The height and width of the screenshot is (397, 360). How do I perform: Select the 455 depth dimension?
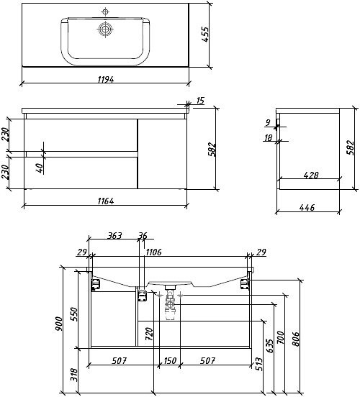205,35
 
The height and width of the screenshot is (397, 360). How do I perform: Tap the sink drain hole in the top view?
107,29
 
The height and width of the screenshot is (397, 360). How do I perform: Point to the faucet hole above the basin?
106,12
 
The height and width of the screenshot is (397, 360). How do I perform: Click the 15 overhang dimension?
199,101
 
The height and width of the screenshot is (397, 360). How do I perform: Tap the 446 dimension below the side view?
307,207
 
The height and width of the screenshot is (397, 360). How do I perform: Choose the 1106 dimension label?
153,252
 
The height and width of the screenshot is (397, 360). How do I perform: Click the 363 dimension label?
113,235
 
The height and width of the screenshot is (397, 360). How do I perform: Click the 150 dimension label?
169,360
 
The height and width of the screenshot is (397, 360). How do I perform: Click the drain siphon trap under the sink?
171,306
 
